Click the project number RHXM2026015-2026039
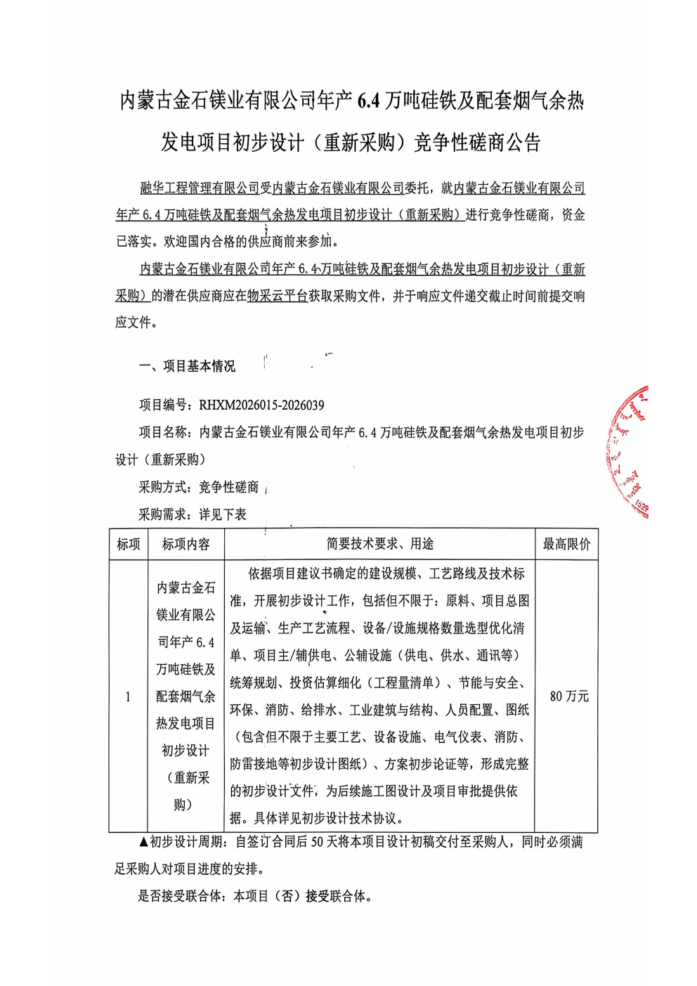click(x=261, y=406)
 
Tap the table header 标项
click(x=129, y=545)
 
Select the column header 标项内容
click(x=186, y=545)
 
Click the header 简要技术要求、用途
click(x=380, y=544)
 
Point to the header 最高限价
click(x=566, y=545)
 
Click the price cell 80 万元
click(x=569, y=696)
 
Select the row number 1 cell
click(x=128, y=696)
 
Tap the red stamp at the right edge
click(x=630, y=450)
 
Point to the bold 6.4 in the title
click(x=368, y=102)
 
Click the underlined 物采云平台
click(x=278, y=297)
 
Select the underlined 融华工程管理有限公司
click(x=200, y=188)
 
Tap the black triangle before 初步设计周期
click(x=143, y=842)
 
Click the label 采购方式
click(x=162, y=487)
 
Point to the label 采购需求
click(x=162, y=514)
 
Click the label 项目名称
click(x=163, y=432)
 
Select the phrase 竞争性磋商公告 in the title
click(x=477, y=143)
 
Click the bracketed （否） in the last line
click(x=286, y=896)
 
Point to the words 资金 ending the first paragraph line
click(x=573, y=215)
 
